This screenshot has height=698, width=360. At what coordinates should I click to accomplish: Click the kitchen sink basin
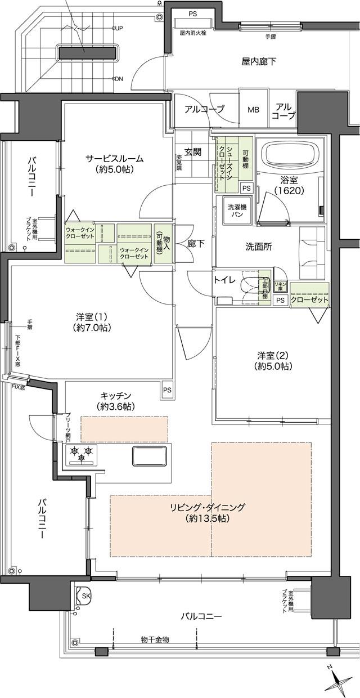(x=150, y=455)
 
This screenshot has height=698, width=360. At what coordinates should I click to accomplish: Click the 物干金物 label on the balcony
(x=155, y=639)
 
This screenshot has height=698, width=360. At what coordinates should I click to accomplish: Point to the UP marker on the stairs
(x=119, y=28)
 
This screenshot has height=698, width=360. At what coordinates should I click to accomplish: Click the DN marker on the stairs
(x=119, y=79)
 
